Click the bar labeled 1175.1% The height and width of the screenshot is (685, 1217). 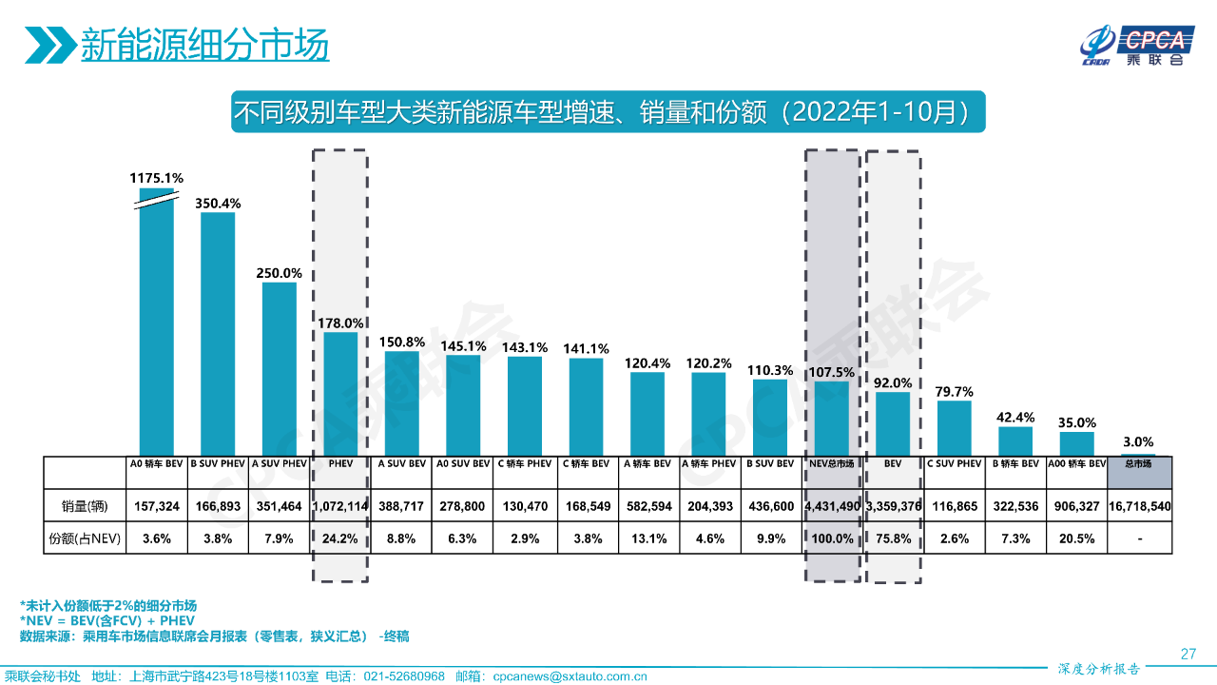pyautogui.click(x=157, y=323)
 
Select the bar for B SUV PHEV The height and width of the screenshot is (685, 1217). pyautogui.click(x=218, y=333)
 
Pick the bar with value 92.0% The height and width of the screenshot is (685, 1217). pyautogui.click(x=893, y=424)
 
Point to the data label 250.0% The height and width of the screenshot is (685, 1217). pyautogui.click(x=279, y=273)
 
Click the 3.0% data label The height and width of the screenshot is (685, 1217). pyautogui.click(x=1138, y=441)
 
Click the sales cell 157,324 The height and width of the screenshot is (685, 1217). pyautogui.click(x=157, y=506)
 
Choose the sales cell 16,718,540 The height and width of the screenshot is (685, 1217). pyautogui.click(x=1138, y=506)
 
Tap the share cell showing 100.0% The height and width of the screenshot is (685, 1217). pyautogui.click(x=832, y=538)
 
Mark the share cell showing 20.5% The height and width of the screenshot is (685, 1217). pyautogui.click(x=1077, y=538)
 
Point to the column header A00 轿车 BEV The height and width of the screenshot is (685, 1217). pyautogui.click(x=1077, y=464)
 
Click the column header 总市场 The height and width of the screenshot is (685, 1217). pyautogui.click(x=1138, y=464)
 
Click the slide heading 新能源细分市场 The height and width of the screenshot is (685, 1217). pyautogui.click(x=204, y=44)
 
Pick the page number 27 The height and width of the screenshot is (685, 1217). pyautogui.click(x=1188, y=654)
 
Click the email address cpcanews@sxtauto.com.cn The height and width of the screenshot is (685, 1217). pyautogui.click(x=570, y=676)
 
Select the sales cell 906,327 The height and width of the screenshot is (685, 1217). pyautogui.click(x=1077, y=506)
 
